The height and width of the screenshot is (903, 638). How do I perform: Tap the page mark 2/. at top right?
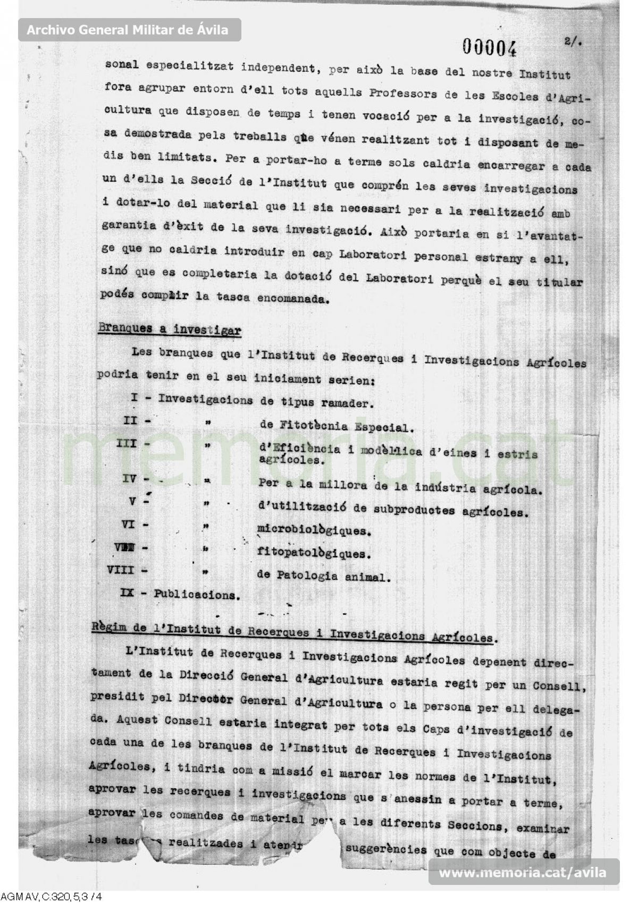572,42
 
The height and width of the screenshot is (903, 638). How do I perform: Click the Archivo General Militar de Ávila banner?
128,30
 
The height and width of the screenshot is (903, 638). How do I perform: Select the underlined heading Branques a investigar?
170,330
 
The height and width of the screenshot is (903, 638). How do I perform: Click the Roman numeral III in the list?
127,443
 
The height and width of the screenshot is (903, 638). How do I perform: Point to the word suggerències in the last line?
386,849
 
